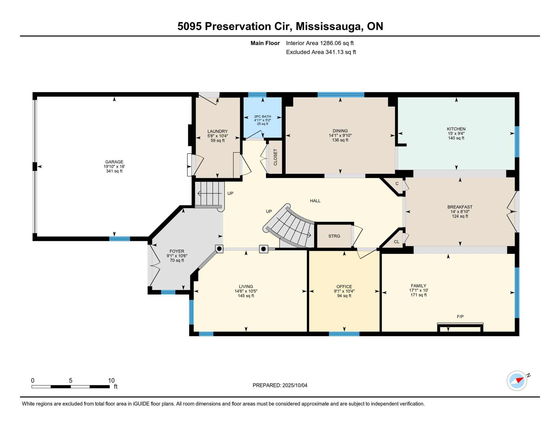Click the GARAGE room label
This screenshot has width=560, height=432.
(x=114, y=162)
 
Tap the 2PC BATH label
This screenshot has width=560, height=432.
(x=263, y=116)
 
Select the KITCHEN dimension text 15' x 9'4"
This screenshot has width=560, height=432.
(x=456, y=134)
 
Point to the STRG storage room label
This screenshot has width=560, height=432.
(x=334, y=236)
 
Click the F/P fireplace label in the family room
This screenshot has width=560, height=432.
(x=460, y=316)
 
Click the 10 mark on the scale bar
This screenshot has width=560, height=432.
(x=111, y=381)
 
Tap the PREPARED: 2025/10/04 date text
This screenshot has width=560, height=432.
(x=280, y=385)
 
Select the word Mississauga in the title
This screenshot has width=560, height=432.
(x=328, y=26)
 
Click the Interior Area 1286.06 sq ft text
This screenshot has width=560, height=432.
(x=320, y=43)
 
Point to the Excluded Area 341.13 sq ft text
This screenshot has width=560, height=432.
(x=321, y=52)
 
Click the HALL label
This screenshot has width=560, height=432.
(x=315, y=201)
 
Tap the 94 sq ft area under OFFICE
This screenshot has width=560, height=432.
(x=344, y=296)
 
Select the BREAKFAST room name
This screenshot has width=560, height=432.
(x=460, y=207)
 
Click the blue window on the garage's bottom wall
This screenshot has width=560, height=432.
(x=120, y=239)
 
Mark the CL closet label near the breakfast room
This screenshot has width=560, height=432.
(x=397, y=242)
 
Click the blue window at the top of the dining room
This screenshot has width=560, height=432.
(x=341, y=95)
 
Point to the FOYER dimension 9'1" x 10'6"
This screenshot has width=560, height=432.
(x=177, y=256)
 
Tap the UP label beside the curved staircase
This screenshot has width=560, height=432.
(x=269, y=211)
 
